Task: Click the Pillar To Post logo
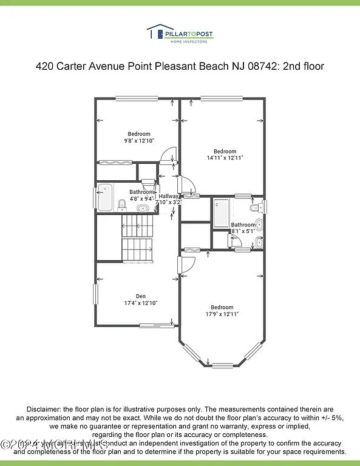180,34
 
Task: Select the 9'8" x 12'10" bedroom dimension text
138,141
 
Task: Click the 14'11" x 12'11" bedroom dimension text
225,158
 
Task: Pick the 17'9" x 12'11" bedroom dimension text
222,314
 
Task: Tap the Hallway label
168,196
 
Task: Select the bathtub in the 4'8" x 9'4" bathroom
105,197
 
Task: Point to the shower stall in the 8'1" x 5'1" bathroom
221,212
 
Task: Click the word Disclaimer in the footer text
44,410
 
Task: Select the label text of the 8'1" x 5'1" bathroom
243,228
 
